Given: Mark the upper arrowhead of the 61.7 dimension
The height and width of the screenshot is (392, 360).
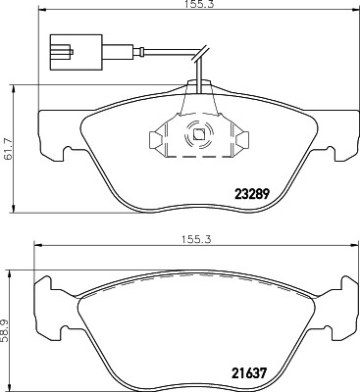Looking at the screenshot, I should tap(13, 89).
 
